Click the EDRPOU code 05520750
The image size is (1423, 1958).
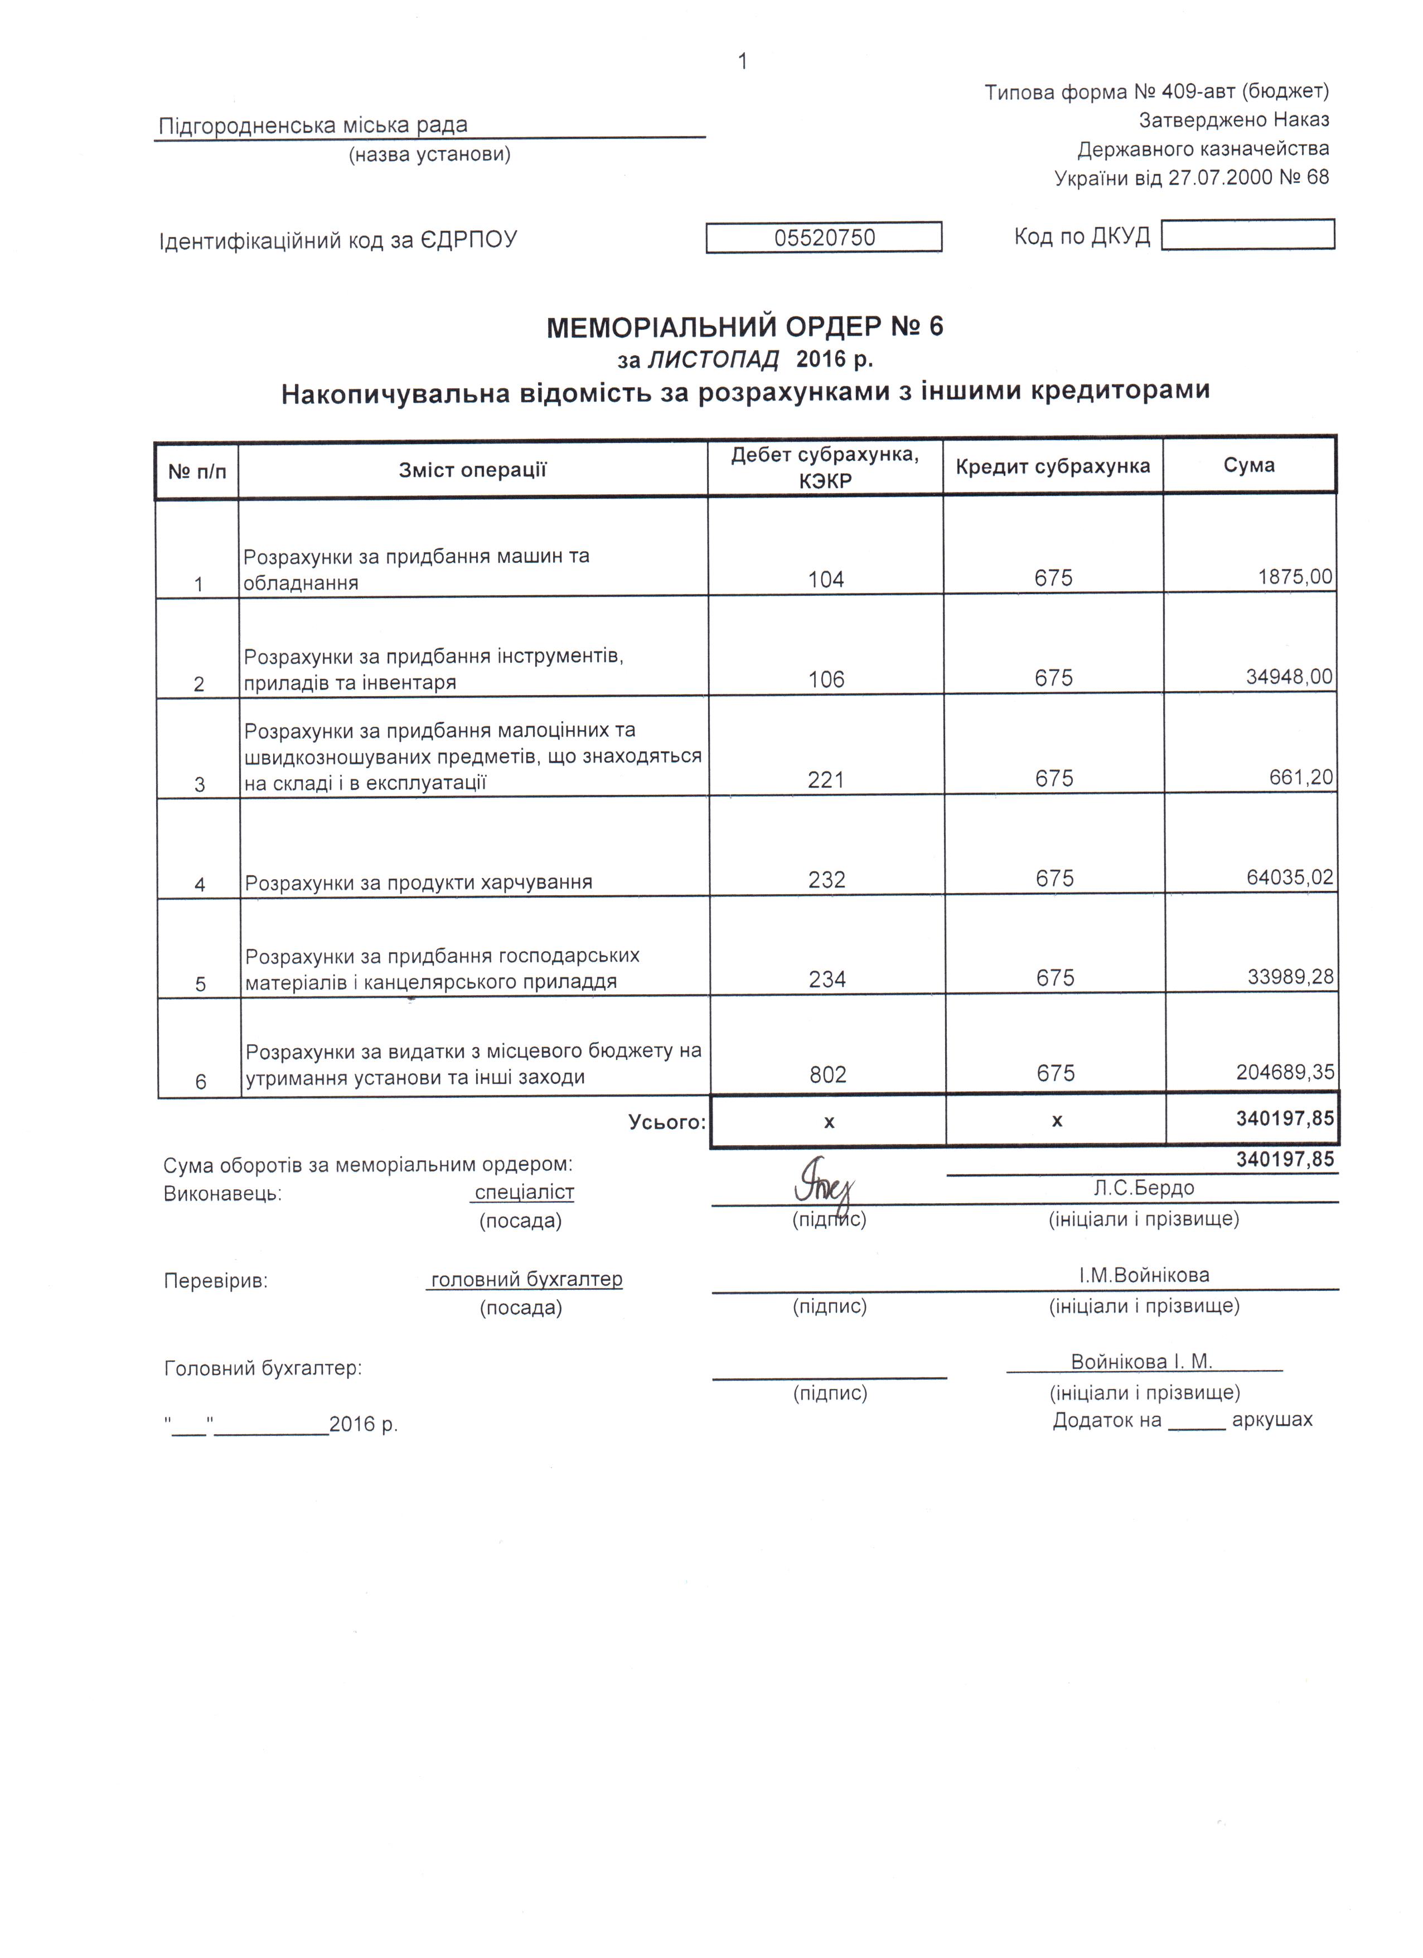(x=824, y=238)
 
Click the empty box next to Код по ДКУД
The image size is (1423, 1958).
(x=1248, y=235)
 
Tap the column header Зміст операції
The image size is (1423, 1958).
(x=472, y=470)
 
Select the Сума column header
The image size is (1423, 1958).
(x=1248, y=465)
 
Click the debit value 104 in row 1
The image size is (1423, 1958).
(x=826, y=579)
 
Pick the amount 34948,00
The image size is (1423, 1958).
(x=1289, y=677)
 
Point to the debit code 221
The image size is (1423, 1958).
(x=826, y=780)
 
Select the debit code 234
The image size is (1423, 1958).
(x=827, y=979)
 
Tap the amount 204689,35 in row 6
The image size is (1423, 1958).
(x=1285, y=1072)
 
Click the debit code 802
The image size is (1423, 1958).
(x=827, y=1075)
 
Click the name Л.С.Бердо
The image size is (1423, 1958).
(x=1144, y=1188)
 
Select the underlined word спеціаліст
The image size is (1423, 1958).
(x=524, y=1192)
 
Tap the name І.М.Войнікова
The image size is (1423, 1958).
(x=1144, y=1275)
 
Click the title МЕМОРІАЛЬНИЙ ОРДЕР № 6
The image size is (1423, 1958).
(x=745, y=327)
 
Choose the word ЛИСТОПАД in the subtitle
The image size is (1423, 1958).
(x=713, y=359)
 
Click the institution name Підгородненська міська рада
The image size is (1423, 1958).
(x=312, y=125)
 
